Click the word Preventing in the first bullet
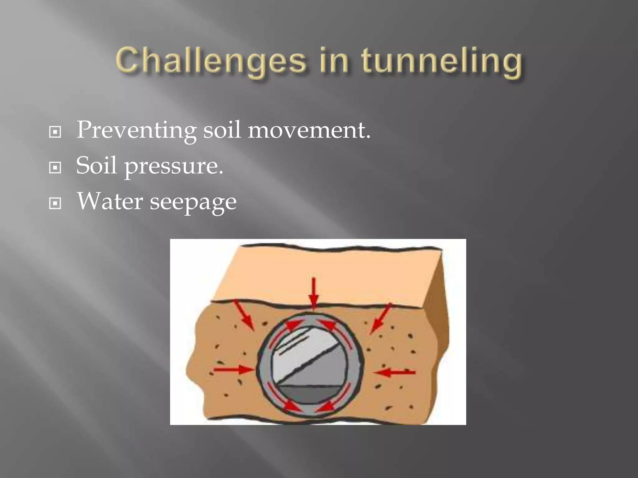coord(136,130)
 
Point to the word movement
coord(309,130)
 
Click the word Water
coord(110,201)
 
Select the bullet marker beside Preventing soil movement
coord(55,132)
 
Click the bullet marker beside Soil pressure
coord(55,168)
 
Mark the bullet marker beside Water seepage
coord(55,204)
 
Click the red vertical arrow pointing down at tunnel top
coord(314,293)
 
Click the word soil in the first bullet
coord(222,130)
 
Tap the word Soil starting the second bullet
coord(96,166)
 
